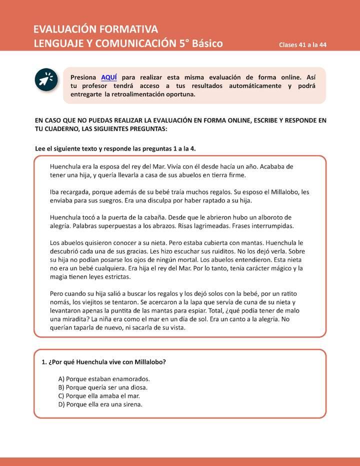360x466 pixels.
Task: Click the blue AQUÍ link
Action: click(109, 77)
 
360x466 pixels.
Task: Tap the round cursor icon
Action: click(46, 79)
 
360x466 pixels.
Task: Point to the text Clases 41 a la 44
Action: click(303, 44)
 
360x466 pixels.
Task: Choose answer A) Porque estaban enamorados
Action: click(104, 379)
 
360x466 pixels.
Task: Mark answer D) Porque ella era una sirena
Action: click(100, 404)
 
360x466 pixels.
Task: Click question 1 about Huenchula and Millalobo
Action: click(103, 361)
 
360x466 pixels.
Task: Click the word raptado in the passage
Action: click(203, 200)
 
